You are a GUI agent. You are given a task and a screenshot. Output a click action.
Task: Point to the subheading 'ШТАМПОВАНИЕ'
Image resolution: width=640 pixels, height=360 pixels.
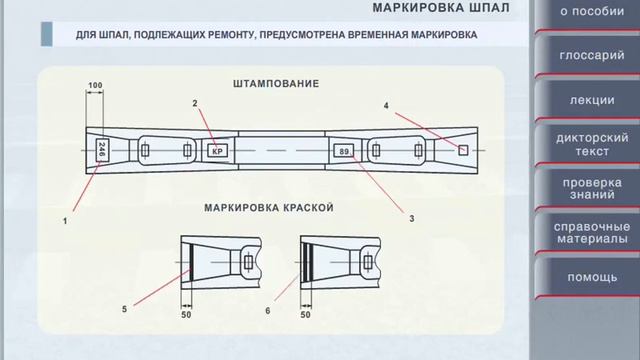pos(275,84)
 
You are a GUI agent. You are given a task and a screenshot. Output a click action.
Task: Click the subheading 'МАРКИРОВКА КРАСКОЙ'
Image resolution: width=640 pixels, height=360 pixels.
pos(268,208)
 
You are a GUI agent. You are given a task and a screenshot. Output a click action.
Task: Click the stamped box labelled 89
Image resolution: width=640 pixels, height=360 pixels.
pos(344,151)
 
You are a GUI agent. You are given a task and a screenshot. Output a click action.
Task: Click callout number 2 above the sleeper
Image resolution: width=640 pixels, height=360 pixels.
pos(196,103)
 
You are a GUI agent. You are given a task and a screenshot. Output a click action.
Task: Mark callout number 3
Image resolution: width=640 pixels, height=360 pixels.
pos(411,217)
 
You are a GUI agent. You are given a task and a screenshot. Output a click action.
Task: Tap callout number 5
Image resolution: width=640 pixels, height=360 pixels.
pos(125,310)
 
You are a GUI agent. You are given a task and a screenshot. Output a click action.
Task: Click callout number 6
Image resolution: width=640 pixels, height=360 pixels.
pos(267,310)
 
